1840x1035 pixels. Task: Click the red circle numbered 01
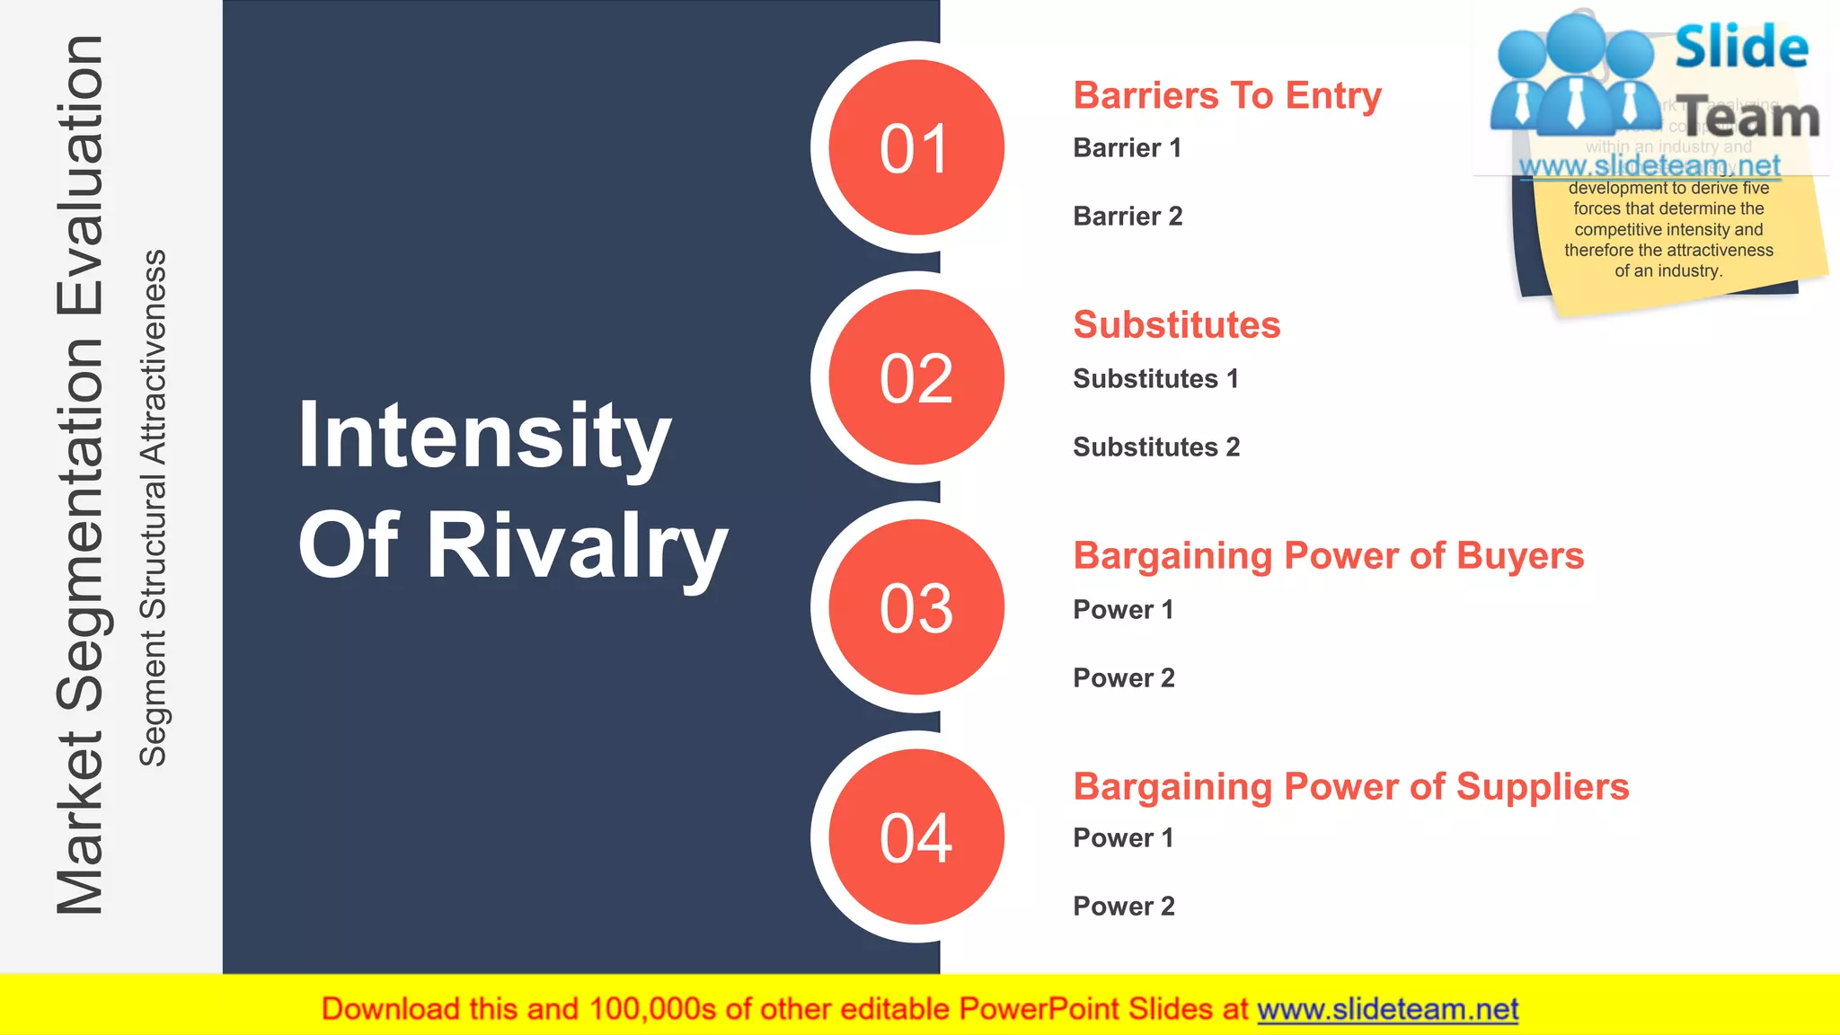pyautogui.click(x=916, y=148)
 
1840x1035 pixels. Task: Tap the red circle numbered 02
pyautogui.click(x=916, y=377)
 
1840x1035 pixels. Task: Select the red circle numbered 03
pyautogui.click(x=916, y=607)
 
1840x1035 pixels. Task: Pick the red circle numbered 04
pyautogui.click(x=916, y=837)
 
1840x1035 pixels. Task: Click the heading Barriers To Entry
pyautogui.click(x=1227, y=95)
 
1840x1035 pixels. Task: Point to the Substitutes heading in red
pyautogui.click(x=1176, y=324)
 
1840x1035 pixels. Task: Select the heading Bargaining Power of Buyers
pyautogui.click(x=1328, y=555)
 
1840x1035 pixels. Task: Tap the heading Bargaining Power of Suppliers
pyautogui.click(x=1350, y=786)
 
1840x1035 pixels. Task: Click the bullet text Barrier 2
pyautogui.click(x=1128, y=217)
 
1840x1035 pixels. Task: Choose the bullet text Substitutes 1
pyautogui.click(x=1155, y=378)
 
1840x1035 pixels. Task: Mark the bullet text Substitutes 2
pyautogui.click(x=1155, y=447)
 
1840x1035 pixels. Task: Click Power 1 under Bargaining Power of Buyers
pyautogui.click(x=1123, y=609)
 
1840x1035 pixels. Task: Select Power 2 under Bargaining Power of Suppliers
pyautogui.click(x=1123, y=906)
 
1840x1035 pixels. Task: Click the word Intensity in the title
pyautogui.click(x=484, y=436)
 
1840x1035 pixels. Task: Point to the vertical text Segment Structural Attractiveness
pyautogui.click(x=154, y=508)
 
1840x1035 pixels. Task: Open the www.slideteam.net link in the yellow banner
pyautogui.click(x=1387, y=1009)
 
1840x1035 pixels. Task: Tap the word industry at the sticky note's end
pyautogui.click(x=1689, y=271)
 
